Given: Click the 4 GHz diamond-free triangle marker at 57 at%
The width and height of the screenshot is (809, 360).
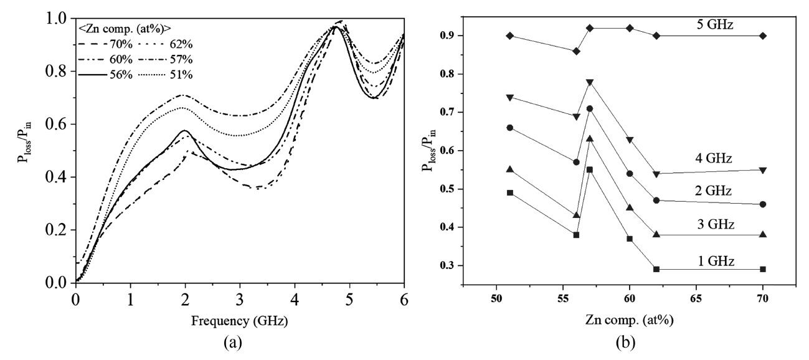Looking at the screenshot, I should (590, 82).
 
